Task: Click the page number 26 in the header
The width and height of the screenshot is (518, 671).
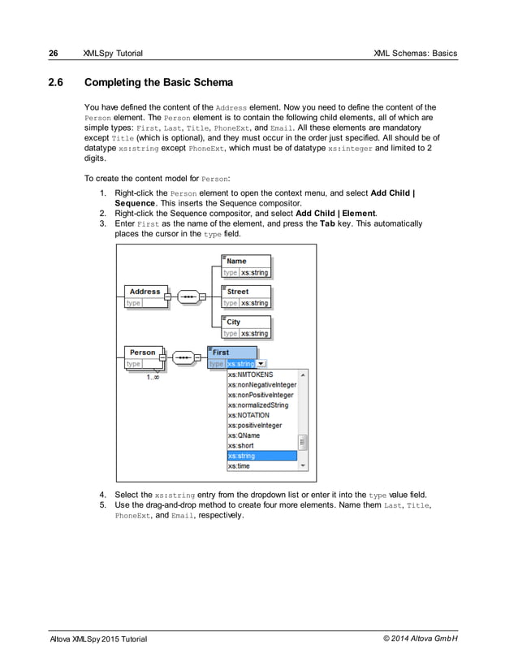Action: [x=53, y=54]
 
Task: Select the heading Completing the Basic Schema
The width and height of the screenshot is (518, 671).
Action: [x=158, y=83]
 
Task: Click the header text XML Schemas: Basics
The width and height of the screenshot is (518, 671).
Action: [x=415, y=54]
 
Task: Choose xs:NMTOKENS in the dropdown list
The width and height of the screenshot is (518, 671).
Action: [x=250, y=374]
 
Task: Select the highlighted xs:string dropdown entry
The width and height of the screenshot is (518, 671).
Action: [x=261, y=456]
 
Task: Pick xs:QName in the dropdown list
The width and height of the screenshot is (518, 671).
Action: [x=244, y=435]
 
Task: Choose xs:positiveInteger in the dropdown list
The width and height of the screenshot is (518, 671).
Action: [x=255, y=425]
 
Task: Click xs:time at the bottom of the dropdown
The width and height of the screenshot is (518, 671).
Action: [x=239, y=466]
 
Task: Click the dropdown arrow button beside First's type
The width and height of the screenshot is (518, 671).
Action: [x=261, y=364]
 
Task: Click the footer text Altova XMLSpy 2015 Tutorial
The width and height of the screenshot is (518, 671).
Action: [x=98, y=639]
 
